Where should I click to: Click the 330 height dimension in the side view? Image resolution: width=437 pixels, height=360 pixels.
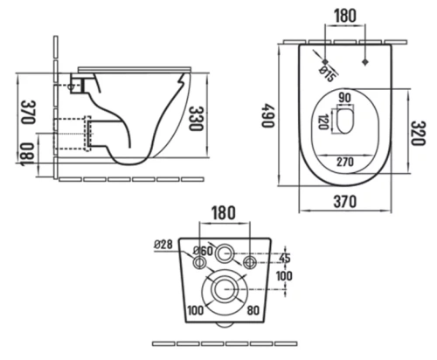(196, 119)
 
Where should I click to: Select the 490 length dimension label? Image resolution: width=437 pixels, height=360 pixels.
(267, 115)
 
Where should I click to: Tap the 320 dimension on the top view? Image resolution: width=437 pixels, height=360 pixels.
(419, 133)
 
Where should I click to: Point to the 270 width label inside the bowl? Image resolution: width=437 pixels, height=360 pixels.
(345, 162)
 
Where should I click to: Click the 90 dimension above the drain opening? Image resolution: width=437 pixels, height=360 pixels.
(345, 98)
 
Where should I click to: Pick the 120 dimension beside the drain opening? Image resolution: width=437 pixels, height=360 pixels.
(323, 121)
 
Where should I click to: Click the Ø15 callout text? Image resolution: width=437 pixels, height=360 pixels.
(329, 74)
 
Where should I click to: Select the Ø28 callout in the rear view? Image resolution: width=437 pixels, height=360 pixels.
(163, 245)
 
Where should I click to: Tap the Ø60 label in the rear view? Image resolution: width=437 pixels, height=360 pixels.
(203, 251)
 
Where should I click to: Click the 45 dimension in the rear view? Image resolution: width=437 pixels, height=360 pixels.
(285, 258)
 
